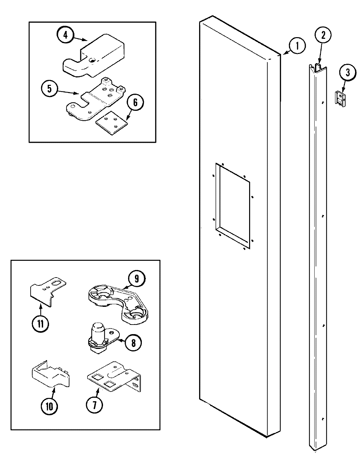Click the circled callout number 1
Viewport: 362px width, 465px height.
coord(297,46)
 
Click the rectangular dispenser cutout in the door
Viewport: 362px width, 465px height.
coord(232,204)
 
